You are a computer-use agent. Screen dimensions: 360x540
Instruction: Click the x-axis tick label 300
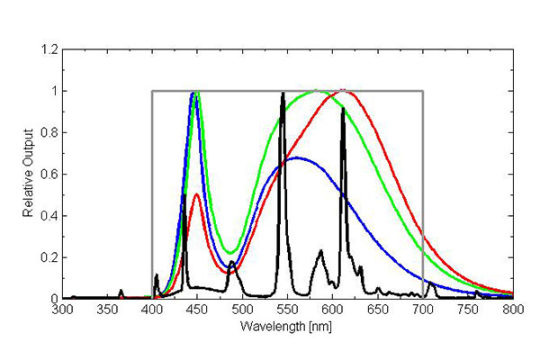click(x=62, y=310)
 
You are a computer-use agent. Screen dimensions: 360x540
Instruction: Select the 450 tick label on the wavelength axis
click(x=197, y=310)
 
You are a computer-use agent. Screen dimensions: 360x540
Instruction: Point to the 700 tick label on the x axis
click(x=423, y=310)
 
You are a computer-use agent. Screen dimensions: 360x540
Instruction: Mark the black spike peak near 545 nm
click(x=283, y=93)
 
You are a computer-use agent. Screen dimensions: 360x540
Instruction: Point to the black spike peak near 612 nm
click(x=343, y=108)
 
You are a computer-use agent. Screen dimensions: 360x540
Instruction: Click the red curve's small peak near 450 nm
click(x=196, y=193)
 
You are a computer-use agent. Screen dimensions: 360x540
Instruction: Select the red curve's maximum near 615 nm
click(x=346, y=91)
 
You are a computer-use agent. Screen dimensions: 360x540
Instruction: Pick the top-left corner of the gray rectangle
click(x=152, y=91)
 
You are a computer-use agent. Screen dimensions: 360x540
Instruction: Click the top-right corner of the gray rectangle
click(x=422, y=91)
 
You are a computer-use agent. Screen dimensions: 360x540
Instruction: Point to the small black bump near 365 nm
click(x=121, y=291)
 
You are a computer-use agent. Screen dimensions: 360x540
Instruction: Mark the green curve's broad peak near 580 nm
click(x=315, y=91)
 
